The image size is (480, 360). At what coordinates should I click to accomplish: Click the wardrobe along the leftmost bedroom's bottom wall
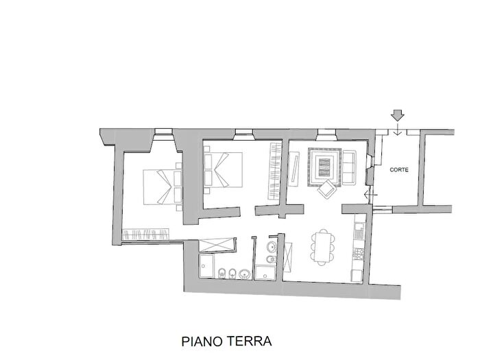click(x=146, y=235)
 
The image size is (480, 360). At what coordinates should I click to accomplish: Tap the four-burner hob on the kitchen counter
click(x=357, y=254)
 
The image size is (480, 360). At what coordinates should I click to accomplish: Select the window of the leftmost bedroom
click(x=163, y=131)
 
